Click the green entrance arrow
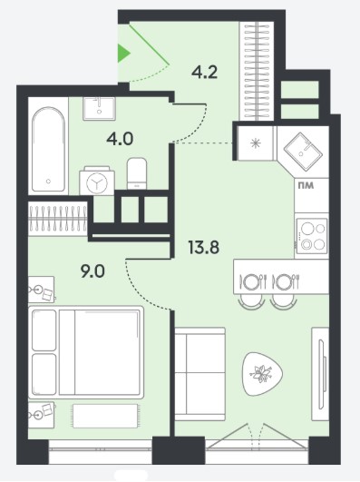(123, 54)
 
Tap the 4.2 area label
(204, 73)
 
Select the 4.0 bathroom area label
(120, 139)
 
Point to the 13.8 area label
(204, 248)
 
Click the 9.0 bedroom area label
(92, 271)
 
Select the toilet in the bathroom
(137, 173)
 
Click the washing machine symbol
(97, 181)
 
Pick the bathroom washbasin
(99, 109)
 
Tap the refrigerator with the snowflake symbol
(255, 143)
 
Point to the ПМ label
(306, 186)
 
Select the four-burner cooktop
(311, 236)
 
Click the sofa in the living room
(199, 373)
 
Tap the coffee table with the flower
(262, 373)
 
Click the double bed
(86, 352)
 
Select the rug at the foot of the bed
(105, 416)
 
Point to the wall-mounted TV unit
(320, 374)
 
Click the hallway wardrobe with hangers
(257, 71)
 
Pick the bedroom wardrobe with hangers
(58, 219)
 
